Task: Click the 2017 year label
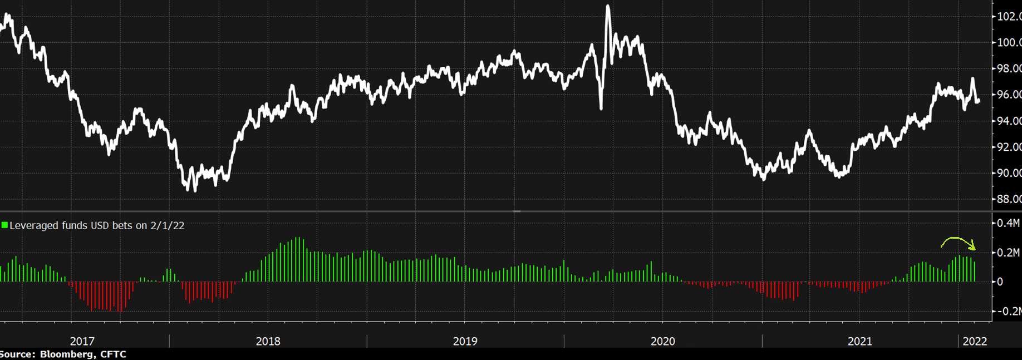pos(82,341)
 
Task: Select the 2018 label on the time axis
pos(268,341)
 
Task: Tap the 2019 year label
pos(465,341)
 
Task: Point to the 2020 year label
pos(662,341)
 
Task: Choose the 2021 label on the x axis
pos(859,341)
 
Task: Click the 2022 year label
pos(975,341)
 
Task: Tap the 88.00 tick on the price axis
pos(1009,199)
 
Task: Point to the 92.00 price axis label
pos(1009,147)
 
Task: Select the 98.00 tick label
pos(1009,68)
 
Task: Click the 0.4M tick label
pos(1008,223)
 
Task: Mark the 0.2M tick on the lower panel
pos(1008,253)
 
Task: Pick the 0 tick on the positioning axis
pos(1000,282)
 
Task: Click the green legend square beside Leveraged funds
pos(4,225)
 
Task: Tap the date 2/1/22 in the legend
pos(167,225)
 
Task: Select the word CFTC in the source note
pos(113,354)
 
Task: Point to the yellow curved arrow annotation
pos(957,241)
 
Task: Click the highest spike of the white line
pos(608,7)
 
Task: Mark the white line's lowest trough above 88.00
pos(194,190)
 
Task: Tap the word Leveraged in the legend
pos(34,225)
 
